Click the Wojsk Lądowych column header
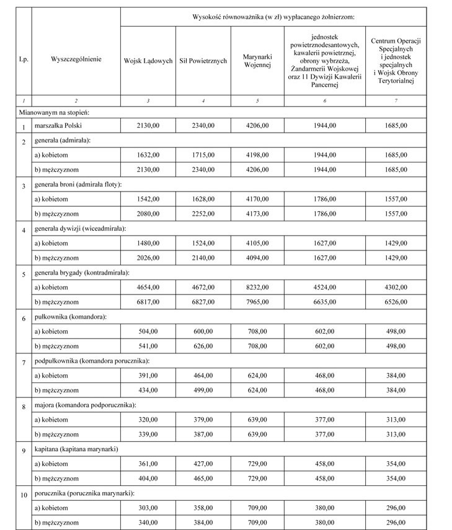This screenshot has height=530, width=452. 148,61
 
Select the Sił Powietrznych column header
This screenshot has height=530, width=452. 203,61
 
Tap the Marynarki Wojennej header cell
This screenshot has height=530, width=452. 257,61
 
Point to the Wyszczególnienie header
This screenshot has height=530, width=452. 76,61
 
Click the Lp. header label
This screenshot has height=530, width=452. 23,61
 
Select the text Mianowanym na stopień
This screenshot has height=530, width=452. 53,112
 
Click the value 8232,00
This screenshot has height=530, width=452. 257,287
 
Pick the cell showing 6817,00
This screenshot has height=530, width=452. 148,302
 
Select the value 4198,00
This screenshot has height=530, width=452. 257,155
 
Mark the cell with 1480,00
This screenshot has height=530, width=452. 148,243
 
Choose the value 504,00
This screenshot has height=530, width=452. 148,332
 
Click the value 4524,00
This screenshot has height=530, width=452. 325,287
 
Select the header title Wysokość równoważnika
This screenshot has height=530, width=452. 273,16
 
